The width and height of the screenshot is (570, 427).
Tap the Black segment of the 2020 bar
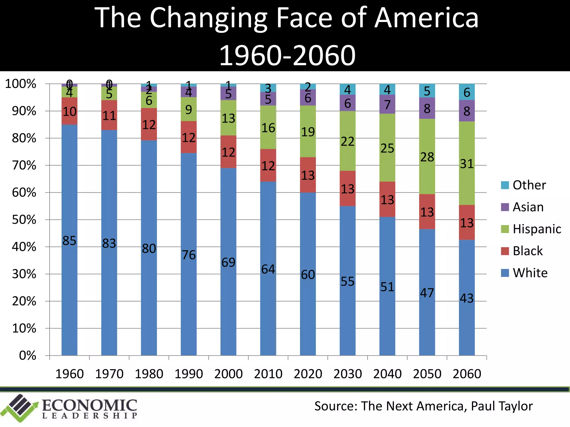tap(308, 175)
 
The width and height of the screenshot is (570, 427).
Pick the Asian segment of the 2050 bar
tap(427, 108)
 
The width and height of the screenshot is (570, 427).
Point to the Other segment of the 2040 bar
tap(387, 89)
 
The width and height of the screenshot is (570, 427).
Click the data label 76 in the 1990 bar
tap(189, 255)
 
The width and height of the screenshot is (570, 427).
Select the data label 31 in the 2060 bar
tap(467, 164)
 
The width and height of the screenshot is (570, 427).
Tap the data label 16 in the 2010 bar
tap(268, 128)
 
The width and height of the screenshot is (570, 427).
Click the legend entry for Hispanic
tap(537, 229)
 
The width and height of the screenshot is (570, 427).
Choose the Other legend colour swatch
tap(505, 185)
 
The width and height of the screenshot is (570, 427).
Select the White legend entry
tap(530, 273)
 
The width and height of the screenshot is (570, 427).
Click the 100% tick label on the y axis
tap(21, 84)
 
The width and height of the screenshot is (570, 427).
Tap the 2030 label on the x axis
tap(348, 374)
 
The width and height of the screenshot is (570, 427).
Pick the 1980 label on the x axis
tap(149, 374)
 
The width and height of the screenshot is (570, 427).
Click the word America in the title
tap(426, 18)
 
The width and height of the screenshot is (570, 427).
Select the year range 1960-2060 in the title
tap(287, 56)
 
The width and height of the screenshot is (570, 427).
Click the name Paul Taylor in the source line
tap(502, 406)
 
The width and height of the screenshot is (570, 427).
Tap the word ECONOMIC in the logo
tap(89, 406)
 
